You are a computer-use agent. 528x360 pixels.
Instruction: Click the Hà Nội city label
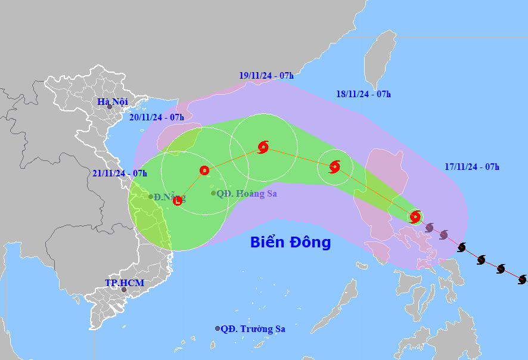coord(113,102)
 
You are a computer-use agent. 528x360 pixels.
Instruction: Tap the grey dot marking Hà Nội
coord(110,107)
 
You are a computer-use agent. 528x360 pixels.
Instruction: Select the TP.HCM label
coord(125,283)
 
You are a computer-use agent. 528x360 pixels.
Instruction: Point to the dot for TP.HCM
coord(124,290)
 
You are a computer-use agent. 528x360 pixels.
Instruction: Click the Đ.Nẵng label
coord(170,197)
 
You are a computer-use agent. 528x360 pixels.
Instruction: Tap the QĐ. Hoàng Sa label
coord(246,193)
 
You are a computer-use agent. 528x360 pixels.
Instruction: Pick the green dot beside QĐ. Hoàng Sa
coord(213,193)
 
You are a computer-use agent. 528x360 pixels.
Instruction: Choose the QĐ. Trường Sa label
coord(257,328)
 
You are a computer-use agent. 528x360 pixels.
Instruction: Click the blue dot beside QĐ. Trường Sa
coord(218,328)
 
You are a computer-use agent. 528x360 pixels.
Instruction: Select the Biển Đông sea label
coord(290,243)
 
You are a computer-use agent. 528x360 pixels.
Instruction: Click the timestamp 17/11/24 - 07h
coord(472,167)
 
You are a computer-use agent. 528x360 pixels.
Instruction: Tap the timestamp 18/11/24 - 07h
coord(364,94)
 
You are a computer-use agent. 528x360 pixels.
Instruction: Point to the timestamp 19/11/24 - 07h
coord(266,76)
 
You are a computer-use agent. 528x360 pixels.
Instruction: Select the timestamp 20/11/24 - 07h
coord(157,117)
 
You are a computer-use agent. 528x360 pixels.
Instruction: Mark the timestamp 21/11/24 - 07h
coord(120,173)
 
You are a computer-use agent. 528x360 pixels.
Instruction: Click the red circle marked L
coord(178,201)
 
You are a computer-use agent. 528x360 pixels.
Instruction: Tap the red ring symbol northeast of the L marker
coord(204,170)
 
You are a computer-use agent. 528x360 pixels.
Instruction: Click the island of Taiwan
coord(380,60)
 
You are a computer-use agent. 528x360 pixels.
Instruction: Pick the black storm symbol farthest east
coord(522,280)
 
